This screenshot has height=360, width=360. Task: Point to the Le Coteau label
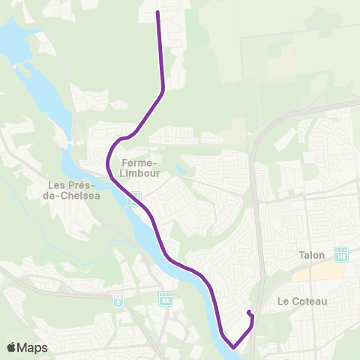(x=302, y=301)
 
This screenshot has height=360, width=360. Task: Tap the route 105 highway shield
(x=166, y=298)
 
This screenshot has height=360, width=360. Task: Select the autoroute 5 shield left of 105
(x=118, y=300)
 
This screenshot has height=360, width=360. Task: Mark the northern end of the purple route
(x=157, y=12)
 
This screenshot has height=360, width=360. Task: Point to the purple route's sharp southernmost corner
(x=233, y=346)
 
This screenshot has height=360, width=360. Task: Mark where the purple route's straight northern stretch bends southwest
(x=163, y=91)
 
